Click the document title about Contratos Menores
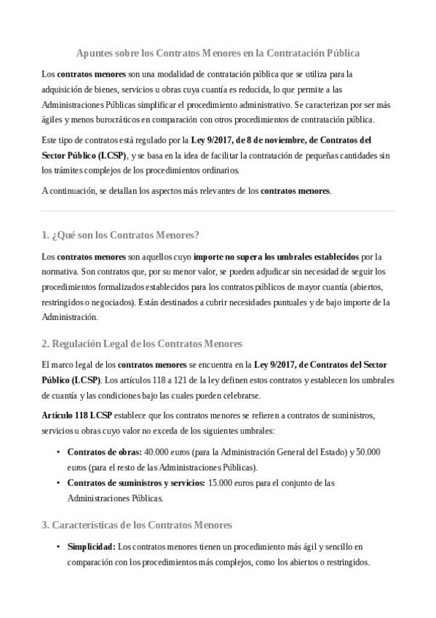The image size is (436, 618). [x=218, y=54]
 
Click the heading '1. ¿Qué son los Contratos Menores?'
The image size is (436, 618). [x=121, y=235]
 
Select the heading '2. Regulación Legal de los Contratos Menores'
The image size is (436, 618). [x=142, y=343]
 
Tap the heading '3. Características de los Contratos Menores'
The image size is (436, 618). [x=137, y=524]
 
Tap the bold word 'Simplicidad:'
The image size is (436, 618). [x=91, y=546]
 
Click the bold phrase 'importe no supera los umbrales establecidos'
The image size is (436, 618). [x=276, y=257]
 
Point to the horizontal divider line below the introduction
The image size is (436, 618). [x=218, y=211]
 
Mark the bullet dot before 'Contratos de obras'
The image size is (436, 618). [x=58, y=453]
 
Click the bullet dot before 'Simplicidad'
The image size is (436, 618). [x=58, y=547]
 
